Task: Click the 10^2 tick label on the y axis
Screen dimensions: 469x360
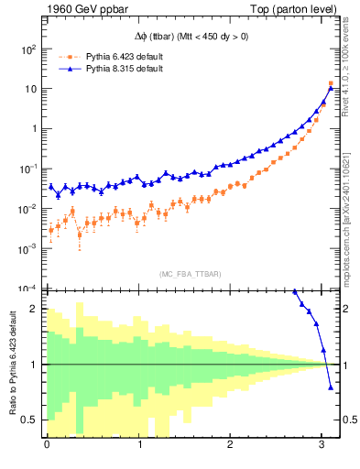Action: click(28, 49)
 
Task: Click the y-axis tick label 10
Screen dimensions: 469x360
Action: click(31, 89)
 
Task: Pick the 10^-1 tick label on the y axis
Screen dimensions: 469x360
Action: click(28, 169)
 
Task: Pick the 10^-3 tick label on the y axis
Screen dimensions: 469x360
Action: click(28, 248)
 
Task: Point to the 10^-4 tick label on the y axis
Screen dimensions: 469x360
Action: click(28, 288)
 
